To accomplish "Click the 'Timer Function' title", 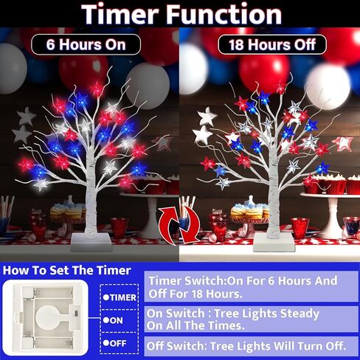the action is (x=181, y=14).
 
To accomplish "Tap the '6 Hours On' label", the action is (x=86, y=44).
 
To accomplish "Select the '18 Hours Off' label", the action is (x=272, y=44).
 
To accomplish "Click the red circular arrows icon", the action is (x=179, y=225).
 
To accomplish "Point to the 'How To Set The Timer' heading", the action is (x=66, y=271).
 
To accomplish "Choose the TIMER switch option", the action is (x=120, y=297).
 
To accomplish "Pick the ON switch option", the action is (x=113, y=320).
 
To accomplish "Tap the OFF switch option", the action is (x=115, y=343).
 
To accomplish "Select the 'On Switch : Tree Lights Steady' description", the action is (x=232, y=314).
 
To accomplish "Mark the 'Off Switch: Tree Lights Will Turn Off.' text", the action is (x=246, y=346).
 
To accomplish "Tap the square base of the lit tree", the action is (x=91, y=242).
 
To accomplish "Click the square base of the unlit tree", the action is (x=274, y=242).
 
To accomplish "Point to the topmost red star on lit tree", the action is (x=97, y=89).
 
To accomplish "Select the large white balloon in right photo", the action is (x=328, y=86).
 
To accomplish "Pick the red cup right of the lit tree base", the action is (x=119, y=228).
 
